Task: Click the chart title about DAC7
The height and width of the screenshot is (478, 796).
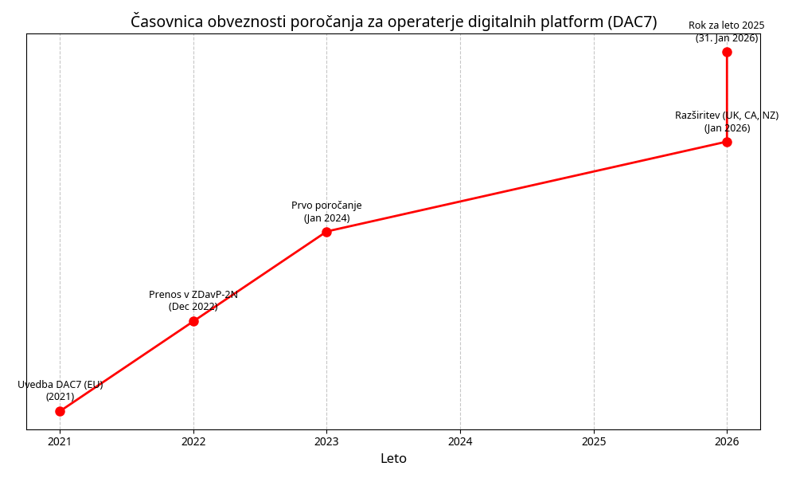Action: coord(393,22)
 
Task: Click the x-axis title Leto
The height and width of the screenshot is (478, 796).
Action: coord(393,459)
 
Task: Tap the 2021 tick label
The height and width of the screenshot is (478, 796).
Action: coord(60,441)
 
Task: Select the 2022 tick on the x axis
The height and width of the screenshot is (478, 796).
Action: coord(193,441)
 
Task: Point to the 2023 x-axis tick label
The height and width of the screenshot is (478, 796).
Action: coord(326,441)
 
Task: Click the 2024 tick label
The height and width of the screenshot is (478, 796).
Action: coord(460,441)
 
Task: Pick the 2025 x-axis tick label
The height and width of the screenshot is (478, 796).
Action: coord(594,441)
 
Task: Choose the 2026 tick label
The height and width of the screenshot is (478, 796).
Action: coord(727,441)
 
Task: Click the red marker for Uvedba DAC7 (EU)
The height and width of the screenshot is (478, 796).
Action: coord(60,411)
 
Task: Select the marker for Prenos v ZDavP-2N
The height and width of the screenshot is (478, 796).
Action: coord(193,321)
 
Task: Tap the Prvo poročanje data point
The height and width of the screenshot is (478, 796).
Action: coord(326,232)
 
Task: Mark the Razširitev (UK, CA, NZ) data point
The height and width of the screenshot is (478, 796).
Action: coord(727,142)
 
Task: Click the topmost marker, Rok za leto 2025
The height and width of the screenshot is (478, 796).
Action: coord(727,52)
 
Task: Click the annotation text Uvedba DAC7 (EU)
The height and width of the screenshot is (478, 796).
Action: coord(60,385)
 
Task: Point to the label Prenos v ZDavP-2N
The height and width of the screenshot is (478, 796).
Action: coord(193,295)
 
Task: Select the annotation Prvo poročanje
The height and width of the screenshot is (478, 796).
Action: coord(326,206)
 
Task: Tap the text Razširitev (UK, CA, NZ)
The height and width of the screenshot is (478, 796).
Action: coord(727,116)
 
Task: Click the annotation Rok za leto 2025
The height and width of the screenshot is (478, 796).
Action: coord(727,25)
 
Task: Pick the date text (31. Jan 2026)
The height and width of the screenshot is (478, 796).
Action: coord(727,38)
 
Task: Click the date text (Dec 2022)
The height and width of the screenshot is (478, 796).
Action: coord(193,307)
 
